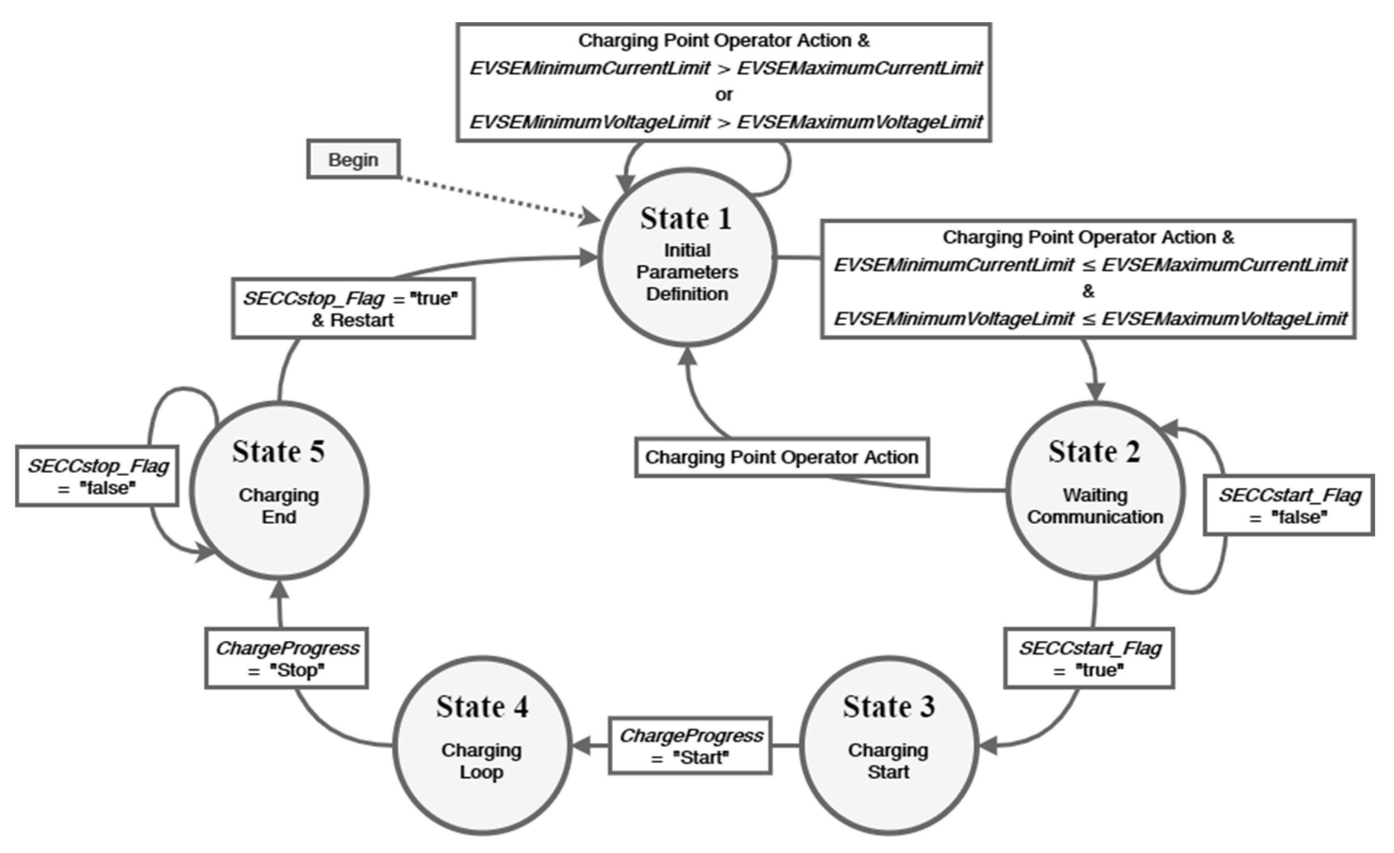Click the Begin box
click(354, 160)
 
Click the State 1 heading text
click(686, 219)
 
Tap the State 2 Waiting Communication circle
click(1095, 490)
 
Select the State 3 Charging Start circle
click(888, 745)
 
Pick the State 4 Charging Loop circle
click(482, 745)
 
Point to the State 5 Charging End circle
click(279, 490)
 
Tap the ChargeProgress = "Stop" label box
click(286, 658)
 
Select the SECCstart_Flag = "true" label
click(1089, 658)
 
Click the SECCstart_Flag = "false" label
click(1289, 505)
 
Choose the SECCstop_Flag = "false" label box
click(97, 476)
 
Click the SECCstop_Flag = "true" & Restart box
click(353, 308)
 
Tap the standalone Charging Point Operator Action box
click(782, 457)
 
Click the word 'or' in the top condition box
click(723, 94)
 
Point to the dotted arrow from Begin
click(492, 196)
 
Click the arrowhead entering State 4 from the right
click(583, 745)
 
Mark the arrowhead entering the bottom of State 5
click(279, 590)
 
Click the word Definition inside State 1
click(687, 294)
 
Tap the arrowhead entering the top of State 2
click(1095, 391)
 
